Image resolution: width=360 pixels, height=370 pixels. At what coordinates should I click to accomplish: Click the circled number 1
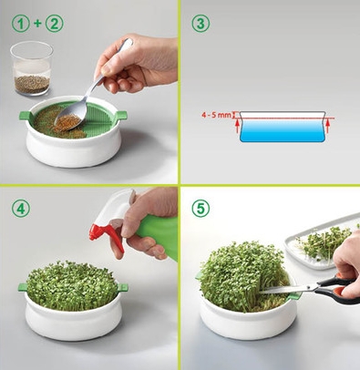pos(21,24)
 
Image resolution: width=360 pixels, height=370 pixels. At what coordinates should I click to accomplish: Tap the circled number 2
pos(55,24)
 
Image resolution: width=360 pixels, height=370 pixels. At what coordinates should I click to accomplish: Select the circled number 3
pos(201,24)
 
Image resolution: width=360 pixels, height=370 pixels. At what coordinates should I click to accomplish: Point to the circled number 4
pos(21,209)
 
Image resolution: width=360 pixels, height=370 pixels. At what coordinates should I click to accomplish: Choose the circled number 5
pos(201,209)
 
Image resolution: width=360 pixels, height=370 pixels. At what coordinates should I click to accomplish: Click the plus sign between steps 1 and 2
pos(37,24)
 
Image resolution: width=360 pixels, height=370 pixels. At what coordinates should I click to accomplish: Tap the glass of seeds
pos(32,68)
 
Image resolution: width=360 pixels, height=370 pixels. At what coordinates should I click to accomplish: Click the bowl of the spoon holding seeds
pos(70,118)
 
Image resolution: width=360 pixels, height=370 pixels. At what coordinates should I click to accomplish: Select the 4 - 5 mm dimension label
pos(217,115)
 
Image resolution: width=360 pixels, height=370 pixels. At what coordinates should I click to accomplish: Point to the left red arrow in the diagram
pos(237,126)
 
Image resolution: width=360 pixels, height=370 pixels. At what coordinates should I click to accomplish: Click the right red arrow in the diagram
pos(327,126)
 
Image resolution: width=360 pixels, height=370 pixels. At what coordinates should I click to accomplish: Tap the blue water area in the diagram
pos(283,130)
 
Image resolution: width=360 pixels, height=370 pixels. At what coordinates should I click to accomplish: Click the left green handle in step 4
pos(23,287)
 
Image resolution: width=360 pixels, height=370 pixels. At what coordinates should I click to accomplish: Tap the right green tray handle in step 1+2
pos(121,116)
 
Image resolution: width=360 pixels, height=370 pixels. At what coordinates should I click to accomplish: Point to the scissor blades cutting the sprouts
pos(289,290)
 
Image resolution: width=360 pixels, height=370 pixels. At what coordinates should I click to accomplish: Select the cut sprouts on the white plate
pos(326,243)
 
